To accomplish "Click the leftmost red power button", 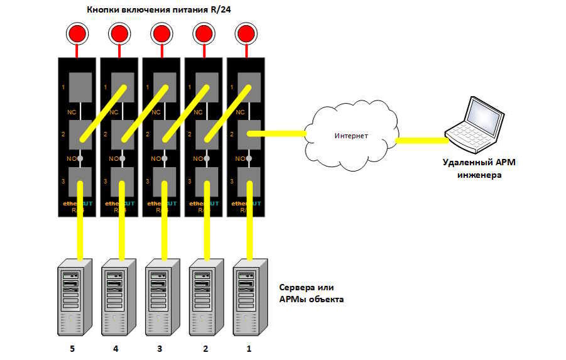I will (78, 33).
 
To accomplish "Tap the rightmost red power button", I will (246, 33).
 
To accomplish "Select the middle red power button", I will (161, 33).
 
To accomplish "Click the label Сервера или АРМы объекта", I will (311, 293).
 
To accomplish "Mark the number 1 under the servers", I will (251, 348).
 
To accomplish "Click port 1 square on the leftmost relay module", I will (80, 87).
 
